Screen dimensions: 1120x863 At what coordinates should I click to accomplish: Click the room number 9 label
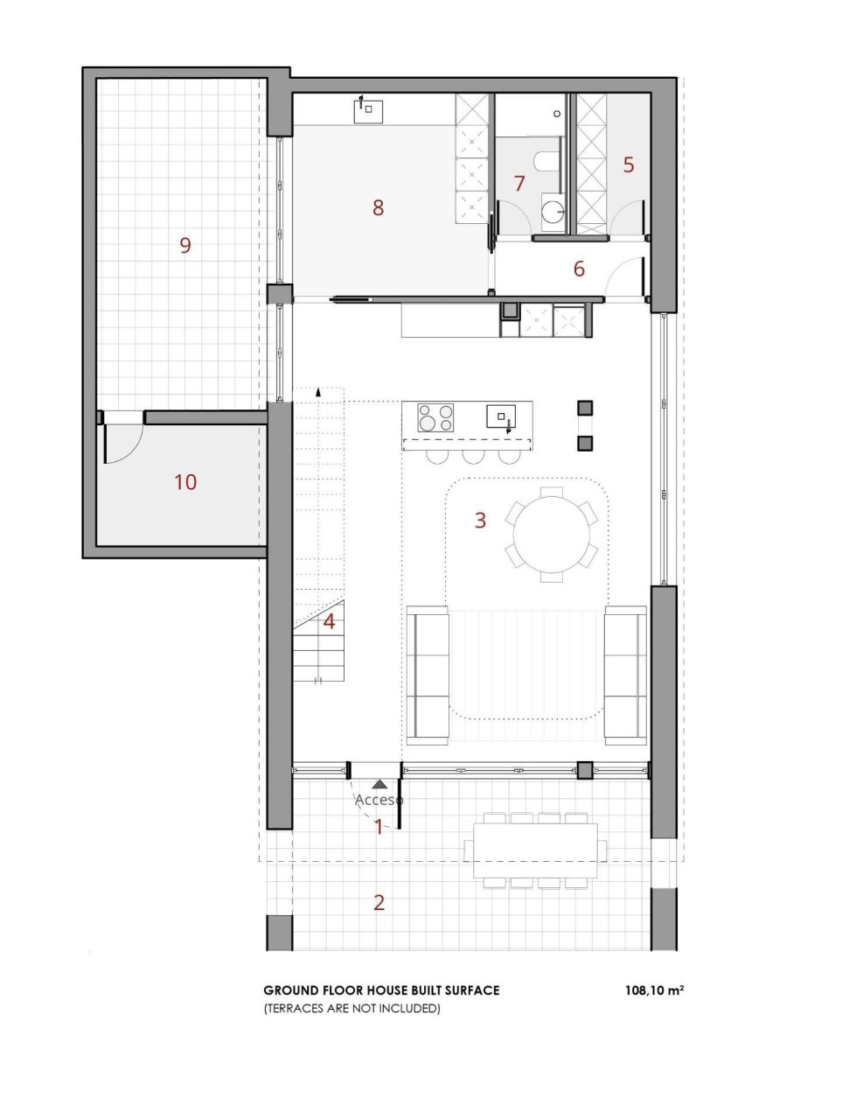click(184, 245)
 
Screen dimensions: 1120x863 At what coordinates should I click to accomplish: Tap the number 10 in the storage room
click(185, 481)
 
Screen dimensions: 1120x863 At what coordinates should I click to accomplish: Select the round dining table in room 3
click(552, 534)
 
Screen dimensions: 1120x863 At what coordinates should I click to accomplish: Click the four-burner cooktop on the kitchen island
click(435, 416)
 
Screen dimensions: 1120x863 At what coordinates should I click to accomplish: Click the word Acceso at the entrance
click(379, 800)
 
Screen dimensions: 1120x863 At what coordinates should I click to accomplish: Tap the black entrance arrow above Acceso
click(379, 785)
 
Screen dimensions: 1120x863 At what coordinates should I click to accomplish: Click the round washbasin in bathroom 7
click(553, 211)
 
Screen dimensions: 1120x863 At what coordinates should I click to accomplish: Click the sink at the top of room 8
click(368, 110)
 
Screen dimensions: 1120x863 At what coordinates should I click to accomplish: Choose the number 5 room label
click(628, 164)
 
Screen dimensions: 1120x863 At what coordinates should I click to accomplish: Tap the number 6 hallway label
click(579, 269)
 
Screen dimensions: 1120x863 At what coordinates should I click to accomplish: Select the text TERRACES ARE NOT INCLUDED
click(351, 1009)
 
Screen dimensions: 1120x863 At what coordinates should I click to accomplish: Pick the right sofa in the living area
click(625, 675)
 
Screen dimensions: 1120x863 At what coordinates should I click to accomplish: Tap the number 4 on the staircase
click(329, 621)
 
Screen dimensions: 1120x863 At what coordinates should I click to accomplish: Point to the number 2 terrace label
click(379, 902)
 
